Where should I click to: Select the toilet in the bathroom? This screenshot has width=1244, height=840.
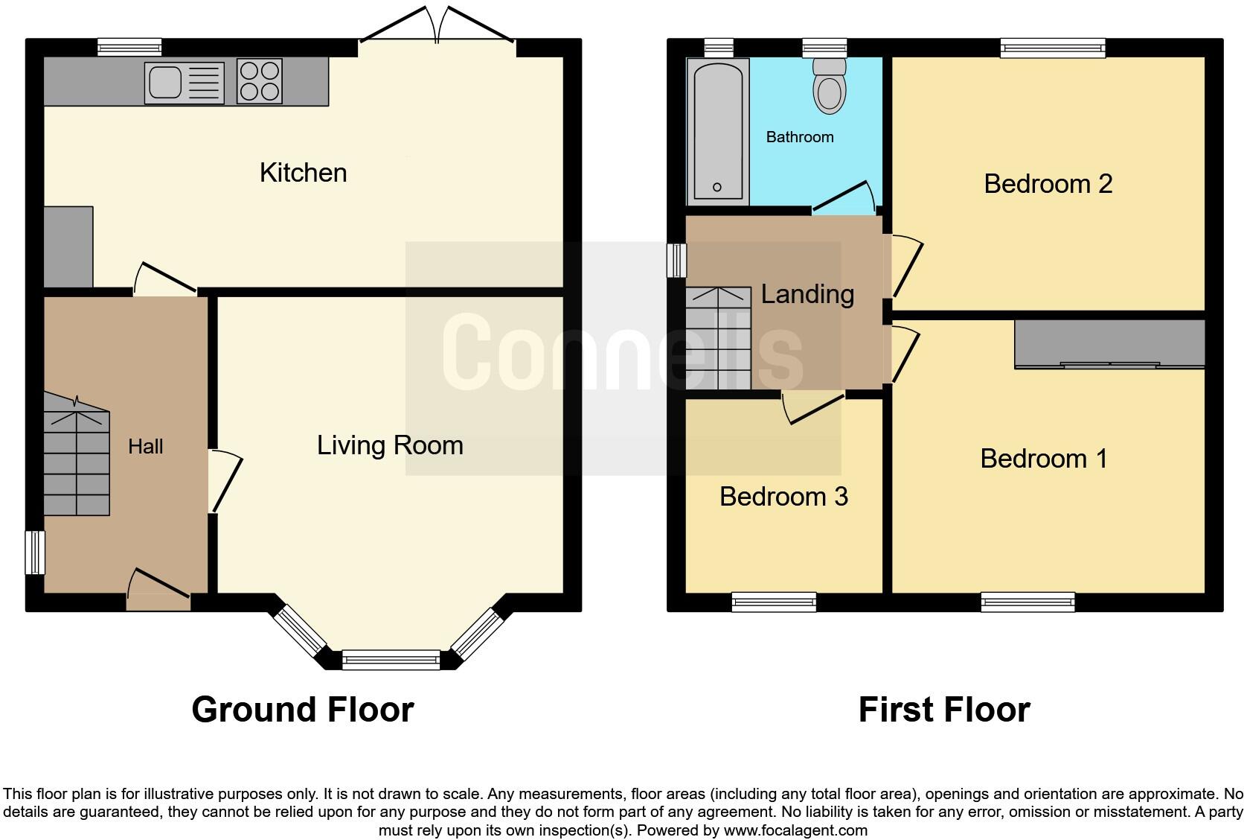(x=830, y=87)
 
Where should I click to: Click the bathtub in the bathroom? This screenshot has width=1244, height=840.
(x=718, y=132)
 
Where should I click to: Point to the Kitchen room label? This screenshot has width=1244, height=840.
(x=303, y=173)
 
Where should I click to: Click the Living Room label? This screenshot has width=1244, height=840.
(x=390, y=445)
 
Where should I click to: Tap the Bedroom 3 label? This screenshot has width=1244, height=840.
(x=783, y=497)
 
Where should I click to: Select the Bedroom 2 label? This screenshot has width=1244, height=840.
(x=1048, y=184)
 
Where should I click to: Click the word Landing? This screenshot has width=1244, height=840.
(x=807, y=294)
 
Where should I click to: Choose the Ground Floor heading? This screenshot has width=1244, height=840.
(x=302, y=710)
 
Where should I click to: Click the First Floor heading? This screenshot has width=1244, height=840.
(x=944, y=710)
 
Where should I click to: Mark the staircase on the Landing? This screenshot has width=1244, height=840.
(x=718, y=339)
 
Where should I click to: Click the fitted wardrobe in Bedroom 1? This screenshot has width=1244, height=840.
(x=1109, y=344)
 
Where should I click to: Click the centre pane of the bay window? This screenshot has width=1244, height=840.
(x=391, y=658)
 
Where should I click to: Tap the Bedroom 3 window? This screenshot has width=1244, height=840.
(x=774, y=601)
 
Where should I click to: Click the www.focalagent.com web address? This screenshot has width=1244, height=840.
(x=795, y=830)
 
